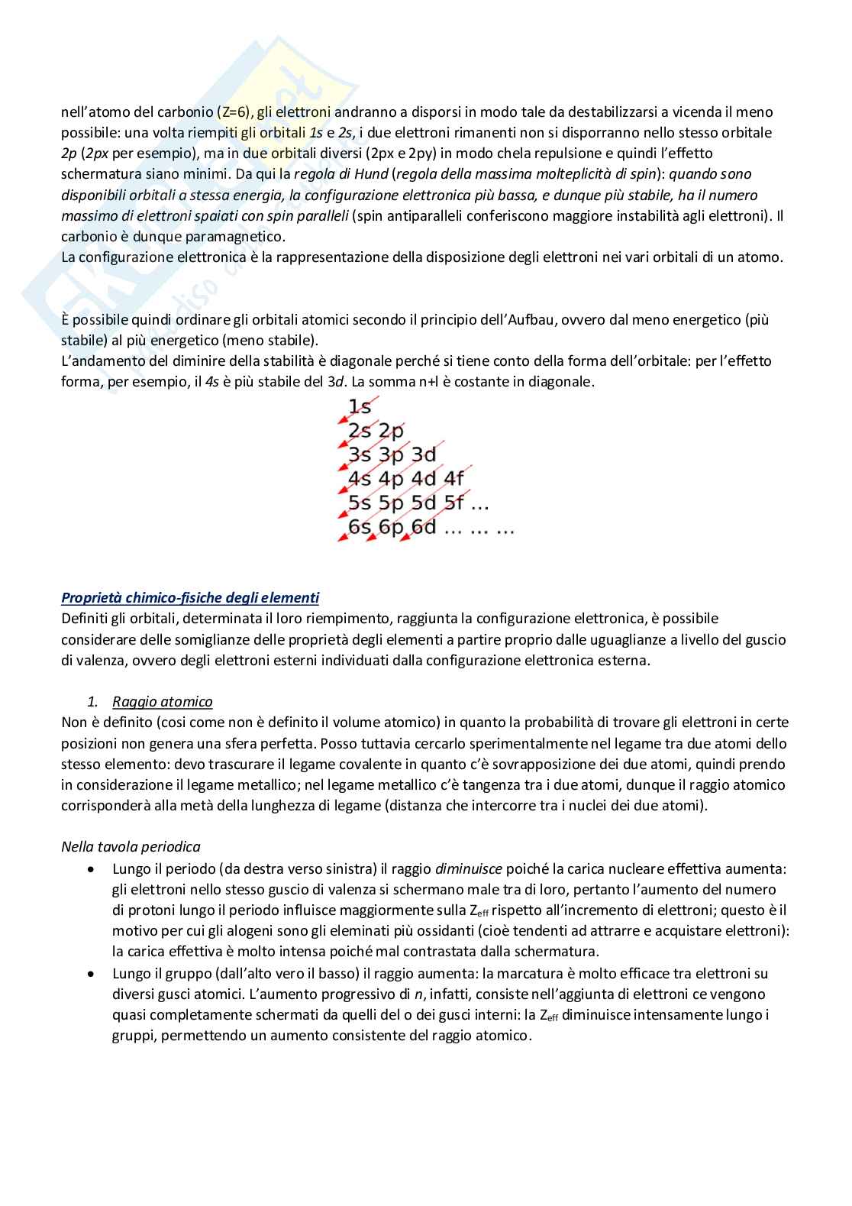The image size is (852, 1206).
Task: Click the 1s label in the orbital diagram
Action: pyautogui.click(x=360, y=407)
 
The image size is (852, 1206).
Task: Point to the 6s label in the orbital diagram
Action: pyautogui.click(x=360, y=527)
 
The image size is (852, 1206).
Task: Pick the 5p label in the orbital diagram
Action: pyautogui.click(x=392, y=503)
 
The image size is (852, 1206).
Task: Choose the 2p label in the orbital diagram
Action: pyautogui.click(x=391, y=431)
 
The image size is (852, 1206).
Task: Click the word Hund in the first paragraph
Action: pyautogui.click(x=370, y=174)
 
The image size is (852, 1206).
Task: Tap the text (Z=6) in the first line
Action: pyautogui.click(x=220, y=112)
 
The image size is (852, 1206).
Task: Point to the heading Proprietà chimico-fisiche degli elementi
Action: pyautogui.click(x=190, y=597)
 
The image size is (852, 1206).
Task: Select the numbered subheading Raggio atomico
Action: pyautogui.click(x=162, y=701)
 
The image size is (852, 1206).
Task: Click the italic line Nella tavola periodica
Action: pyautogui.click(x=131, y=846)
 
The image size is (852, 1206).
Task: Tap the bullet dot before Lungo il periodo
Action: pyautogui.click(x=92, y=869)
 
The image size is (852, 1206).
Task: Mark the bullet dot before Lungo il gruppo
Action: pyautogui.click(x=92, y=974)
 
